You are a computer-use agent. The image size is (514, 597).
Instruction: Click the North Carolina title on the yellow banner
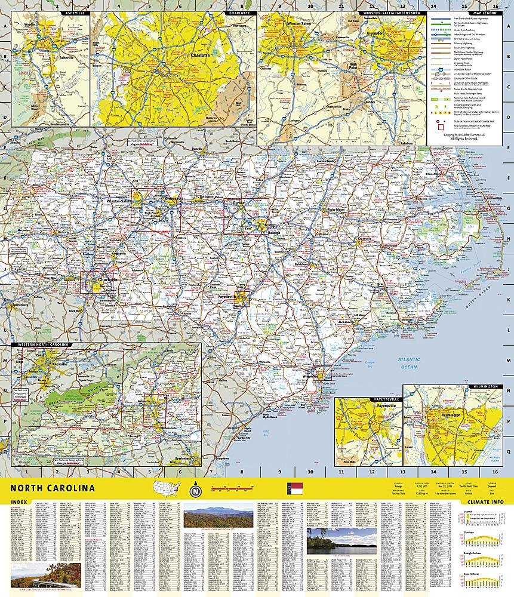point(52,488)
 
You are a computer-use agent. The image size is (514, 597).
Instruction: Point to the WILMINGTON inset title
point(484,387)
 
